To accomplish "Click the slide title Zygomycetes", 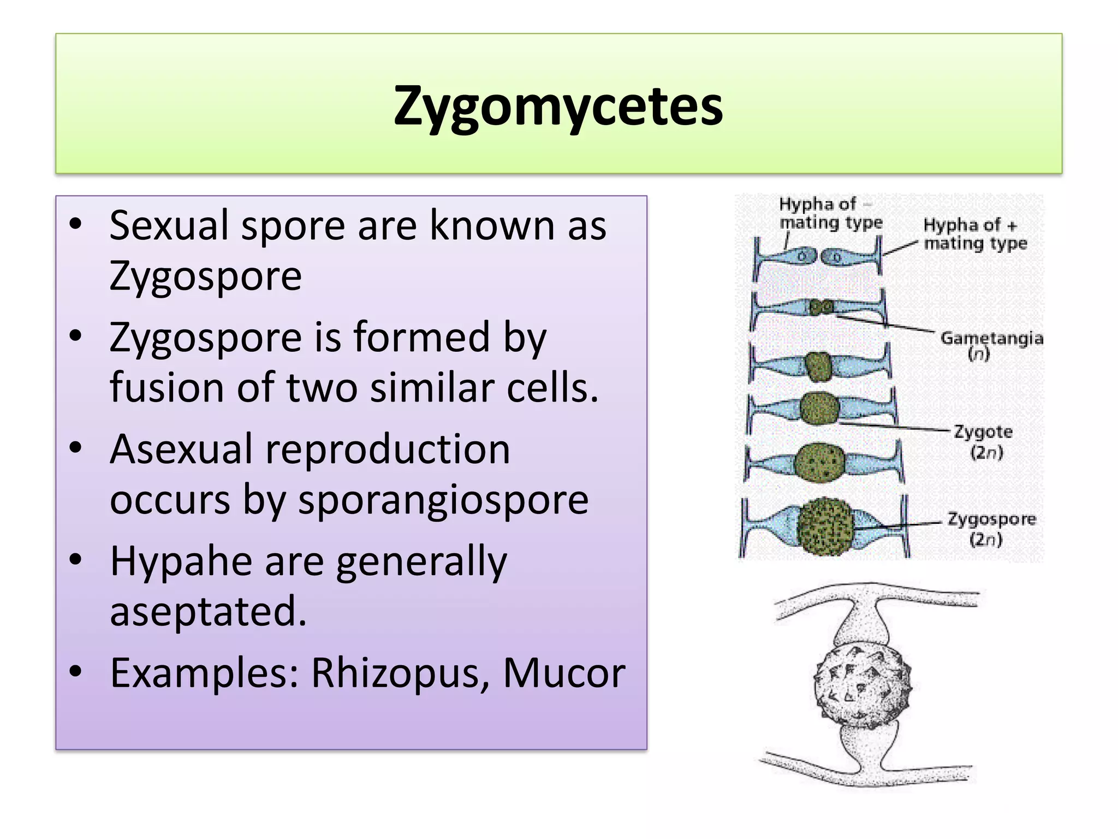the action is (558, 106).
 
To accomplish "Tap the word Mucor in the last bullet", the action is (564, 673).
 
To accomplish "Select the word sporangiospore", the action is (443, 500).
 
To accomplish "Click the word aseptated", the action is (207, 611).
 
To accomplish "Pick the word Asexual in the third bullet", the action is (181, 449).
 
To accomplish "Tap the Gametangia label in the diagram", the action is (991, 339).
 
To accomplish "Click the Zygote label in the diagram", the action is (983, 433).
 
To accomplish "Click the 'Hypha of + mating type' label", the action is (975, 234).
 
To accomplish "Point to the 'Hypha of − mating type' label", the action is (830, 213).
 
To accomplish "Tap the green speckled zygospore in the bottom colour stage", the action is (825, 527).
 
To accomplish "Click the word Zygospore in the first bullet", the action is (205, 276).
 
